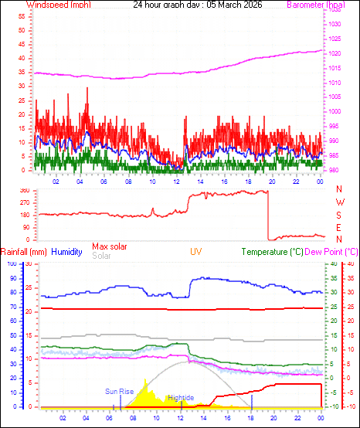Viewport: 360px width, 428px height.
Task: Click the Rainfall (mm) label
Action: (x=24, y=252)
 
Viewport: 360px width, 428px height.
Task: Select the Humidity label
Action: (x=66, y=252)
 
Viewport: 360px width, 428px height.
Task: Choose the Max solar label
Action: (x=110, y=246)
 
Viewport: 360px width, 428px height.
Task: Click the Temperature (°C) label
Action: (x=272, y=252)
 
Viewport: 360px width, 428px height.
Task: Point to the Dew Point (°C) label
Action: (x=331, y=252)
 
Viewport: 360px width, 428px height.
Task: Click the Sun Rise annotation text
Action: (x=120, y=392)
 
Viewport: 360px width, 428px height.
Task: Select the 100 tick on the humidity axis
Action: (x=11, y=264)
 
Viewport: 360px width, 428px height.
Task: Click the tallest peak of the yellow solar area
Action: (x=145, y=380)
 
